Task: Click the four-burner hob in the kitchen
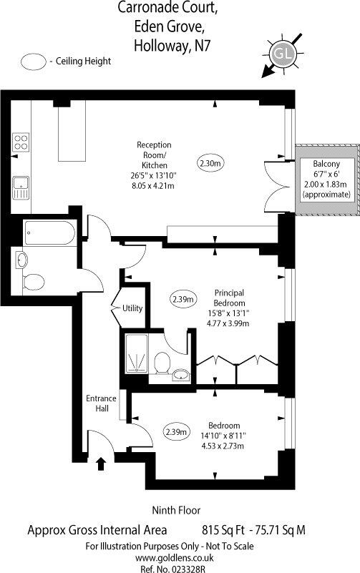pyautogui.click(x=21, y=142)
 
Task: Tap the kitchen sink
pyautogui.click(x=21, y=188)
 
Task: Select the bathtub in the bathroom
pyautogui.click(x=50, y=232)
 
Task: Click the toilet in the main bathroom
pyautogui.click(x=34, y=282)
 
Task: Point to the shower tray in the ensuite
pyautogui.click(x=137, y=353)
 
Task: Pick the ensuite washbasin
pyautogui.click(x=181, y=375)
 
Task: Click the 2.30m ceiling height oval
pyautogui.click(x=210, y=163)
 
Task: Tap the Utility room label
pyautogui.click(x=132, y=308)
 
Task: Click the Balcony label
pyautogui.click(x=326, y=164)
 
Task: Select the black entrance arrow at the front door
pyautogui.click(x=101, y=464)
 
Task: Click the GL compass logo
pyautogui.click(x=283, y=54)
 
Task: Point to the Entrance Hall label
pyautogui.click(x=101, y=403)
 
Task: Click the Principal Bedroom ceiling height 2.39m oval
pyautogui.click(x=183, y=300)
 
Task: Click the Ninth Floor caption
pyautogui.click(x=176, y=510)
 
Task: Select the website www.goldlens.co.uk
pyautogui.click(x=175, y=558)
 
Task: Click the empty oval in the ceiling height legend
pyautogui.click(x=33, y=62)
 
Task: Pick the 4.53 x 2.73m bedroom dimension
pyautogui.click(x=223, y=446)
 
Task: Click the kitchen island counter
pyautogui.click(x=72, y=131)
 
